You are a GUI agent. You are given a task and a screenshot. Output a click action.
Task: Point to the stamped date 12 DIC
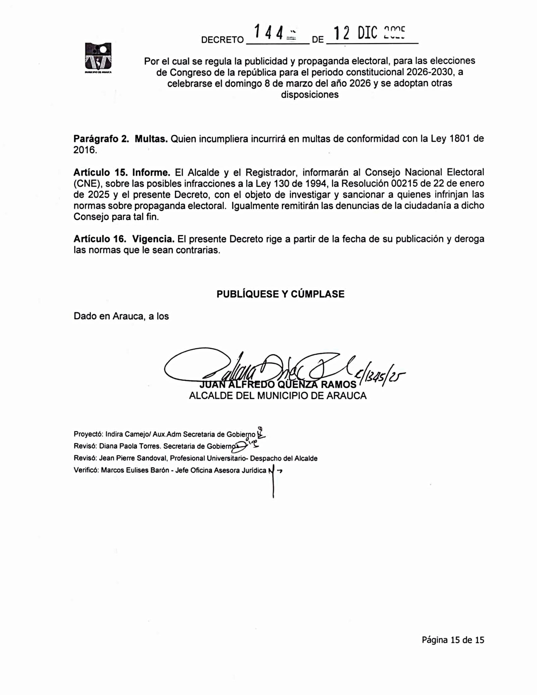point(355,34)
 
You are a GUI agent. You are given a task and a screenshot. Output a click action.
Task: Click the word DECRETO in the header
point(222,40)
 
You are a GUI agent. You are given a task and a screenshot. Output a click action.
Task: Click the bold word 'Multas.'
point(151,139)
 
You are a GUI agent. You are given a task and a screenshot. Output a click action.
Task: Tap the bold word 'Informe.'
point(151,172)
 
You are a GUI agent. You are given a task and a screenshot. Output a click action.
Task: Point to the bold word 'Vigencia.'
point(153,239)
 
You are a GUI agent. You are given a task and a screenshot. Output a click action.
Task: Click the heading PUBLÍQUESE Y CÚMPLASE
point(280,294)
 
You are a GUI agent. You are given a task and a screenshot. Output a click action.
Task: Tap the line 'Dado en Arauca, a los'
point(121,316)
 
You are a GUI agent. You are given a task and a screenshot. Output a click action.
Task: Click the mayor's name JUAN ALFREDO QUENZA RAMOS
point(278,385)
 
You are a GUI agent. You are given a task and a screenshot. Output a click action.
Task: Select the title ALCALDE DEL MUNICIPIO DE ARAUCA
point(278,396)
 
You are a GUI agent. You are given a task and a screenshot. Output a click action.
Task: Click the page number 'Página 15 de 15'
point(453,640)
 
